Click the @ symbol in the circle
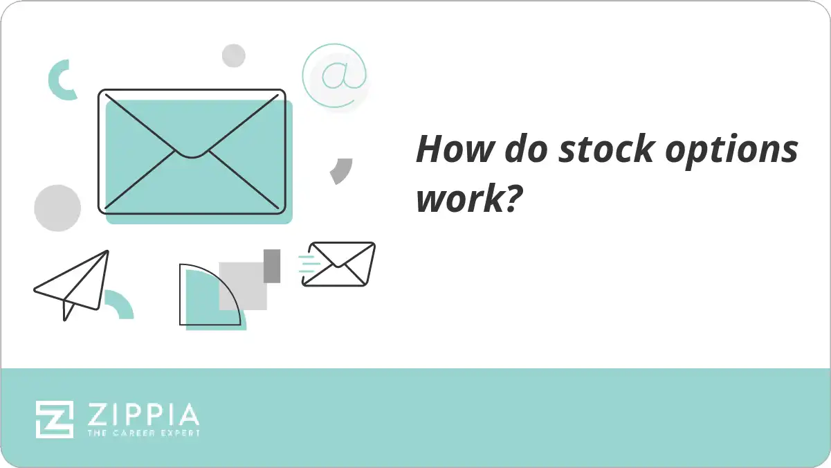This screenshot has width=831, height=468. [x=335, y=76]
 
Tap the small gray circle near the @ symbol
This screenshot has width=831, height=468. [x=234, y=55]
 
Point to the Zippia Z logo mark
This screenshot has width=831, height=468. [x=55, y=420]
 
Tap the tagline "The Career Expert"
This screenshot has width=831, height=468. [x=143, y=433]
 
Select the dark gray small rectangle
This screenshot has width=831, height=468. [x=272, y=266]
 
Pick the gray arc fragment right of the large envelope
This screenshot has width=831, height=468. [x=341, y=170]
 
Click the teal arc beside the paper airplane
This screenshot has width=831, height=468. [x=120, y=305]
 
